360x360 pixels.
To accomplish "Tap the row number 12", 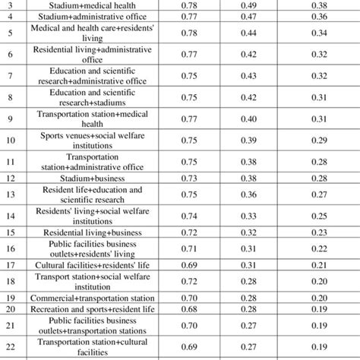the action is tap(11, 178).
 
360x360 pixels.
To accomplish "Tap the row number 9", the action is tap(11, 118).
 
